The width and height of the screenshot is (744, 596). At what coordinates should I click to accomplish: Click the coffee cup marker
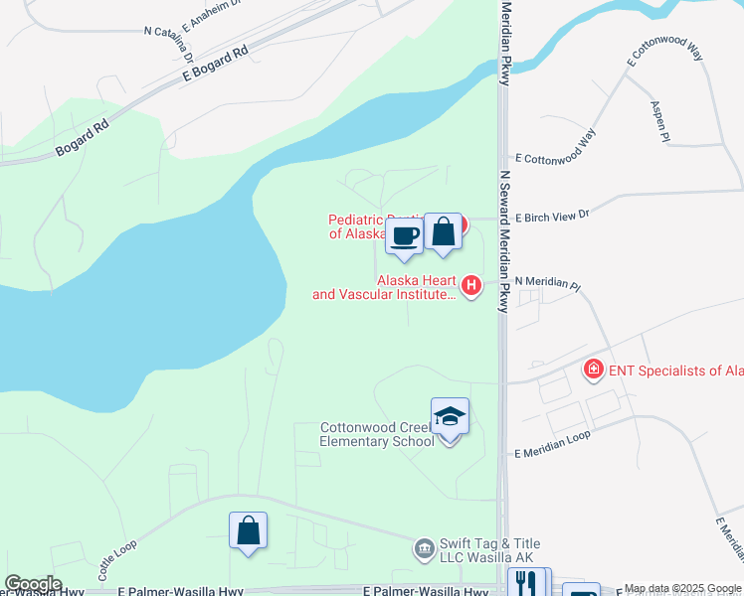click(404, 236)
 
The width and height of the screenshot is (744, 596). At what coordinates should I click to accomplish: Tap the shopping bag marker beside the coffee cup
click(443, 232)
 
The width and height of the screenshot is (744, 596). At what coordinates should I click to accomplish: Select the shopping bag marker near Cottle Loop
click(248, 531)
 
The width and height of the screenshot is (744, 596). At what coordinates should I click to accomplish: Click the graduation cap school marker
click(450, 417)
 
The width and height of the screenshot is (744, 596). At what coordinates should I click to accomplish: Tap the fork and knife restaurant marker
click(528, 583)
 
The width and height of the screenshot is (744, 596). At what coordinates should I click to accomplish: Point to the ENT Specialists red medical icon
click(593, 371)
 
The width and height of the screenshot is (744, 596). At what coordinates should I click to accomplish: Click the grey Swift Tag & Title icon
click(424, 547)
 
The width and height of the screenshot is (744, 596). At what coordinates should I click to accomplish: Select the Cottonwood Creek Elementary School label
click(377, 434)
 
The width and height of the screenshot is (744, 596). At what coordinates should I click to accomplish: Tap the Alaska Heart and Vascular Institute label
click(385, 287)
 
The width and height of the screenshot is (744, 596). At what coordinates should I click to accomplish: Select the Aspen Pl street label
click(658, 122)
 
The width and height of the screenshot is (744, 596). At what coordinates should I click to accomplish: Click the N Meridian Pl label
click(546, 283)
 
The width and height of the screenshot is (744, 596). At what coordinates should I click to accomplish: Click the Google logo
click(33, 584)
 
